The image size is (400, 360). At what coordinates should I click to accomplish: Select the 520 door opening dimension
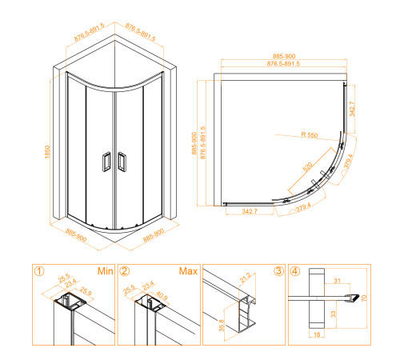[308, 168]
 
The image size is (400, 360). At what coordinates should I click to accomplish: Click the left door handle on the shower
[106, 162]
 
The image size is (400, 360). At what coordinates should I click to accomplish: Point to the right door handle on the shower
[122, 162]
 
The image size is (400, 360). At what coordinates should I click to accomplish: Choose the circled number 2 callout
[123, 271]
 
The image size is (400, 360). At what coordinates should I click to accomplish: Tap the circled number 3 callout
[278, 271]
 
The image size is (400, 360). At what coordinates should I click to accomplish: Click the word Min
[103, 271]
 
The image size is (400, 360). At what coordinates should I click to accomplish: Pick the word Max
[189, 271]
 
